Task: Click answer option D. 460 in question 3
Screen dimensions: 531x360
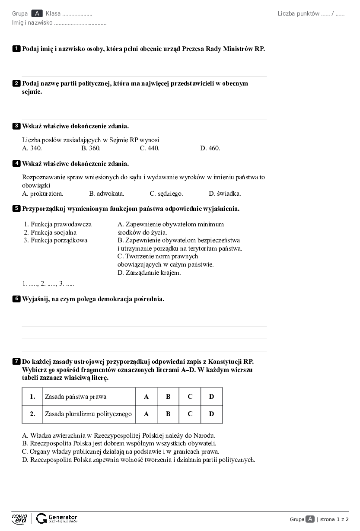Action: tap(210, 148)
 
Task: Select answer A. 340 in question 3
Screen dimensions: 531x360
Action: tap(32, 148)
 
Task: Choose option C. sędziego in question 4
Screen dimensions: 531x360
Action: tap(166, 194)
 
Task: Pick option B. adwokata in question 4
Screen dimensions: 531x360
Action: tap(107, 194)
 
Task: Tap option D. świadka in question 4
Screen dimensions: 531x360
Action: tap(225, 194)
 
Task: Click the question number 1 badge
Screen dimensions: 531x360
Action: tap(16, 49)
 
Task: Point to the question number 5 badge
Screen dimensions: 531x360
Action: tap(16, 209)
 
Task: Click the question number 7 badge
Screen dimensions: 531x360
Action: tap(16, 361)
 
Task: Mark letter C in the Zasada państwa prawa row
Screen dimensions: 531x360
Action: tap(190, 397)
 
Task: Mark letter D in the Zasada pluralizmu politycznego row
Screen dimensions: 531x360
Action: tap(211, 414)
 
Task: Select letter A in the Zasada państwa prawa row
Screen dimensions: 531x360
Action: tap(146, 397)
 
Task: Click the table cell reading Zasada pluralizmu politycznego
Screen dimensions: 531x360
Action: tap(89, 414)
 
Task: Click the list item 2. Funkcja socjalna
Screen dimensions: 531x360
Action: tap(50, 232)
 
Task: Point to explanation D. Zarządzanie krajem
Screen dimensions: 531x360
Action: tap(149, 273)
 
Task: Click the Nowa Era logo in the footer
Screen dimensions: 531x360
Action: tap(19, 518)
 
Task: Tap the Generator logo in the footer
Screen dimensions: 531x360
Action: tap(57, 518)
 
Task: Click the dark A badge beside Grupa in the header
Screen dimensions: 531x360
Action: tap(37, 13)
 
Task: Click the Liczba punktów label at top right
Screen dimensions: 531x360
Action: tap(298, 13)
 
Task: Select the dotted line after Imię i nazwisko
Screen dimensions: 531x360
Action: tap(80, 23)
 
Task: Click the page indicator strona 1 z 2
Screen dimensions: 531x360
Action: tap(334, 519)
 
